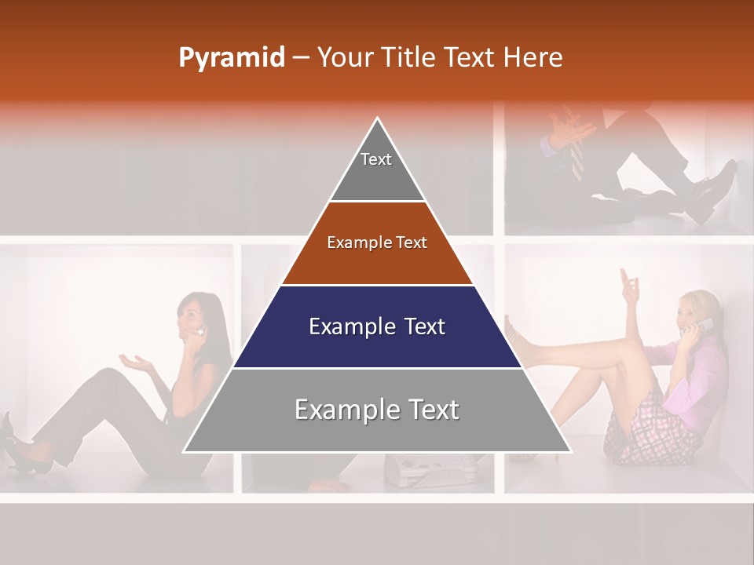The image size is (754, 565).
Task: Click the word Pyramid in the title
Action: (231, 58)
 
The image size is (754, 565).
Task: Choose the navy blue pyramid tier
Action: (377, 326)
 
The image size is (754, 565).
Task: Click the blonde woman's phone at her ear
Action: (706, 324)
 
